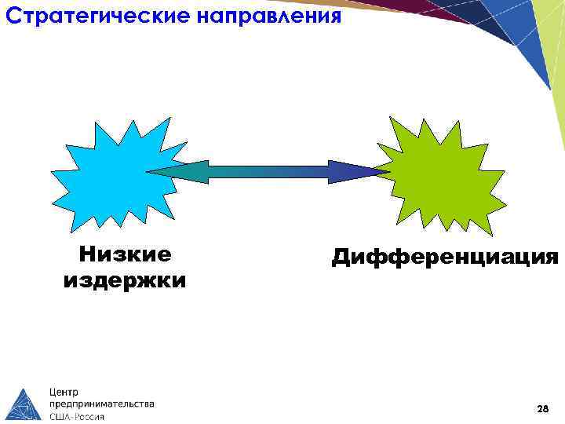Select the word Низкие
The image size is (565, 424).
[126, 254]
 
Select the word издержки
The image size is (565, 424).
[125, 280]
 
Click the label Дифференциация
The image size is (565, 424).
[445, 256]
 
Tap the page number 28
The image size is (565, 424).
[542, 409]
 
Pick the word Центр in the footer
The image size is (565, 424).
[64, 391]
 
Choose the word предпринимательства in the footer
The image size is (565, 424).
[102, 404]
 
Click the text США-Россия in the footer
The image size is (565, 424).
[77, 417]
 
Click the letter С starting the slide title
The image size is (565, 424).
[12, 16]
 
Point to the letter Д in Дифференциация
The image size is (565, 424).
[341, 256]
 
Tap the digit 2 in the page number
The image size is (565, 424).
[539, 409]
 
